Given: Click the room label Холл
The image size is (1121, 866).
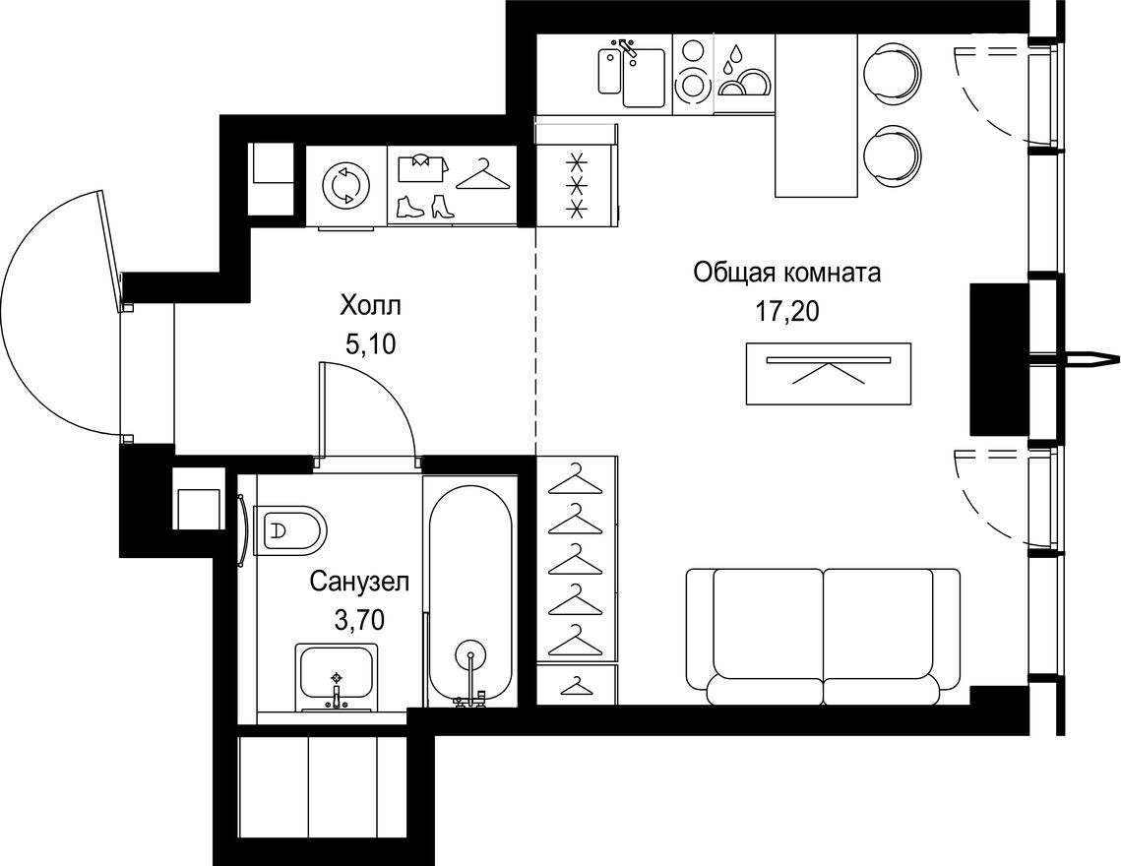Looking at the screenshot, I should pyautogui.click(x=371, y=305).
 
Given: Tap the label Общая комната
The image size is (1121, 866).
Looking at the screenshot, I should pyautogui.click(x=786, y=273).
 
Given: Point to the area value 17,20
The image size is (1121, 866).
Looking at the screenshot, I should pyautogui.click(x=786, y=312).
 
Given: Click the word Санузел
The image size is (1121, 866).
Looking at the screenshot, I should pyautogui.click(x=358, y=582).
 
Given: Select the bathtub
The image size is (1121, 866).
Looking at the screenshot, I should pyautogui.click(x=470, y=590).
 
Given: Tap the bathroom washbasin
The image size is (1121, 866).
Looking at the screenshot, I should pyautogui.click(x=337, y=675).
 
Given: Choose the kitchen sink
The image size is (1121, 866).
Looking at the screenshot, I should pyautogui.click(x=633, y=71).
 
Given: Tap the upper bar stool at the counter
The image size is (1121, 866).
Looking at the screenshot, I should pyautogui.click(x=894, y=72).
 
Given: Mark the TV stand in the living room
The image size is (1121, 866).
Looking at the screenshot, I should pyautogui.click(x=828, y=373).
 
